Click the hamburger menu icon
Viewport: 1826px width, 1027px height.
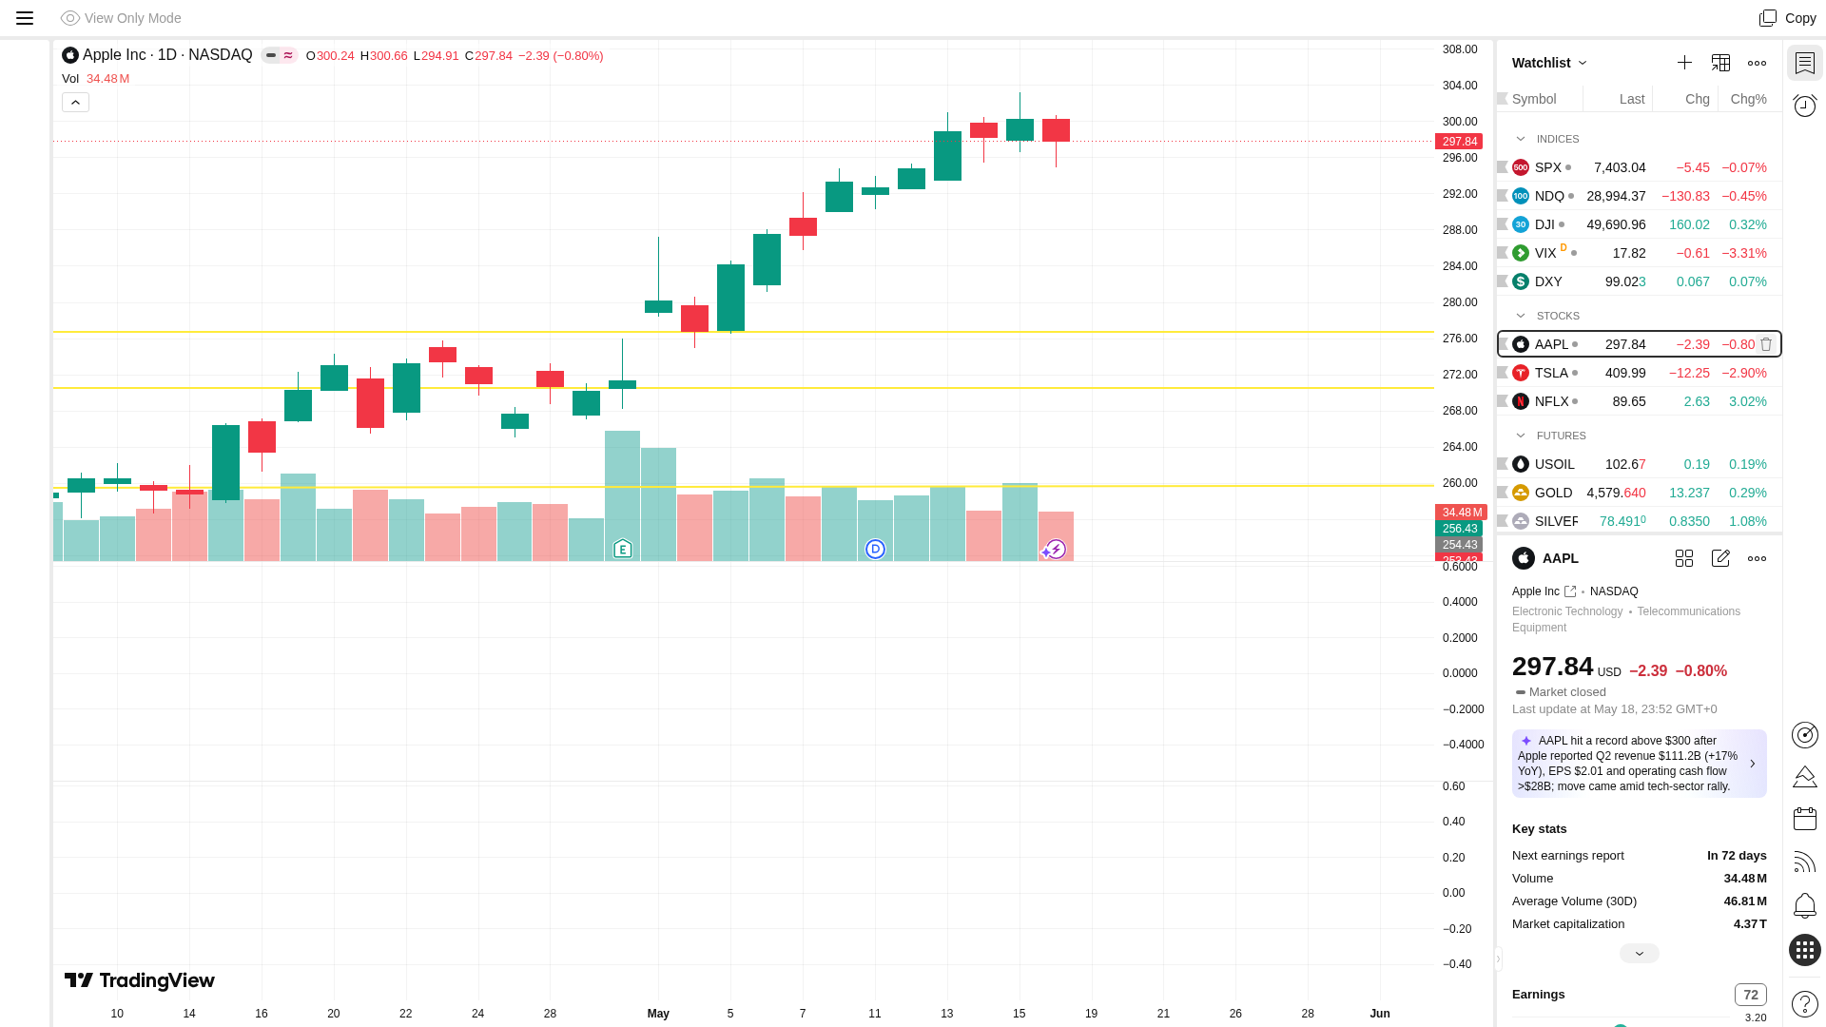click(25, 18)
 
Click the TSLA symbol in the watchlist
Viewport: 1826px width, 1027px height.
click(1551, 373)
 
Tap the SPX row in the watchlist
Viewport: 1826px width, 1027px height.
click(1639, 167)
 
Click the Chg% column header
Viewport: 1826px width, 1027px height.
click(1748, 99)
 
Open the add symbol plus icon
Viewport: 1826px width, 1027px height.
click(1684, 63)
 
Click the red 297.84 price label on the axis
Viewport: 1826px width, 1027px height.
click(1459, 142)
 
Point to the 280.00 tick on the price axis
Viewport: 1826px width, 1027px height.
click(1460, 302)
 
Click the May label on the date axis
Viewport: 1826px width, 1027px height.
click(658, 1014)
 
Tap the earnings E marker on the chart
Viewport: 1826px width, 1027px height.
click(623, 549)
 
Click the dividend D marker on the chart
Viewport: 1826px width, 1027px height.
click(875, 549)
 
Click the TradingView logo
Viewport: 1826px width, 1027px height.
click(140, 980)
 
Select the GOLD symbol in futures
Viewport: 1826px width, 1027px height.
click(1553, 493)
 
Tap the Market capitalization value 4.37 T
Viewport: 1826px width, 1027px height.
click(1750, 924)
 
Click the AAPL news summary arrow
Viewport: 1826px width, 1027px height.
click(1753, 764)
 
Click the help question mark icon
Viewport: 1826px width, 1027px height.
click(1804, 1004)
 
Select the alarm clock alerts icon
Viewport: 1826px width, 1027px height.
click(1804, 106)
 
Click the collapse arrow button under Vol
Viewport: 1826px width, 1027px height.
click(75, 102)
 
